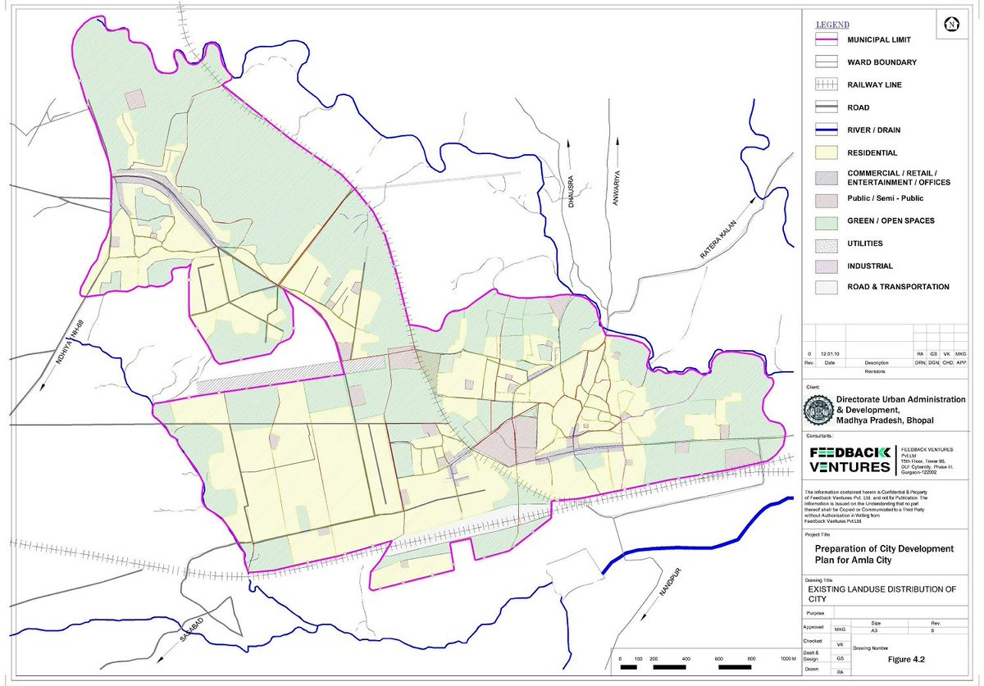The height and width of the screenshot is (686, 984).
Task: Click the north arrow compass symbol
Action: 951,24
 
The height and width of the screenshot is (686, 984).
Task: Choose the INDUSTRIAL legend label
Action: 870,266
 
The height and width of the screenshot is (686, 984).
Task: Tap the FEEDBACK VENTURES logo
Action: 848,460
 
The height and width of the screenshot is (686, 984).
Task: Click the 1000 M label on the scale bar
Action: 788,659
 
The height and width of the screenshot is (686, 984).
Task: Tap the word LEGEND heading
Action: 833,25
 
